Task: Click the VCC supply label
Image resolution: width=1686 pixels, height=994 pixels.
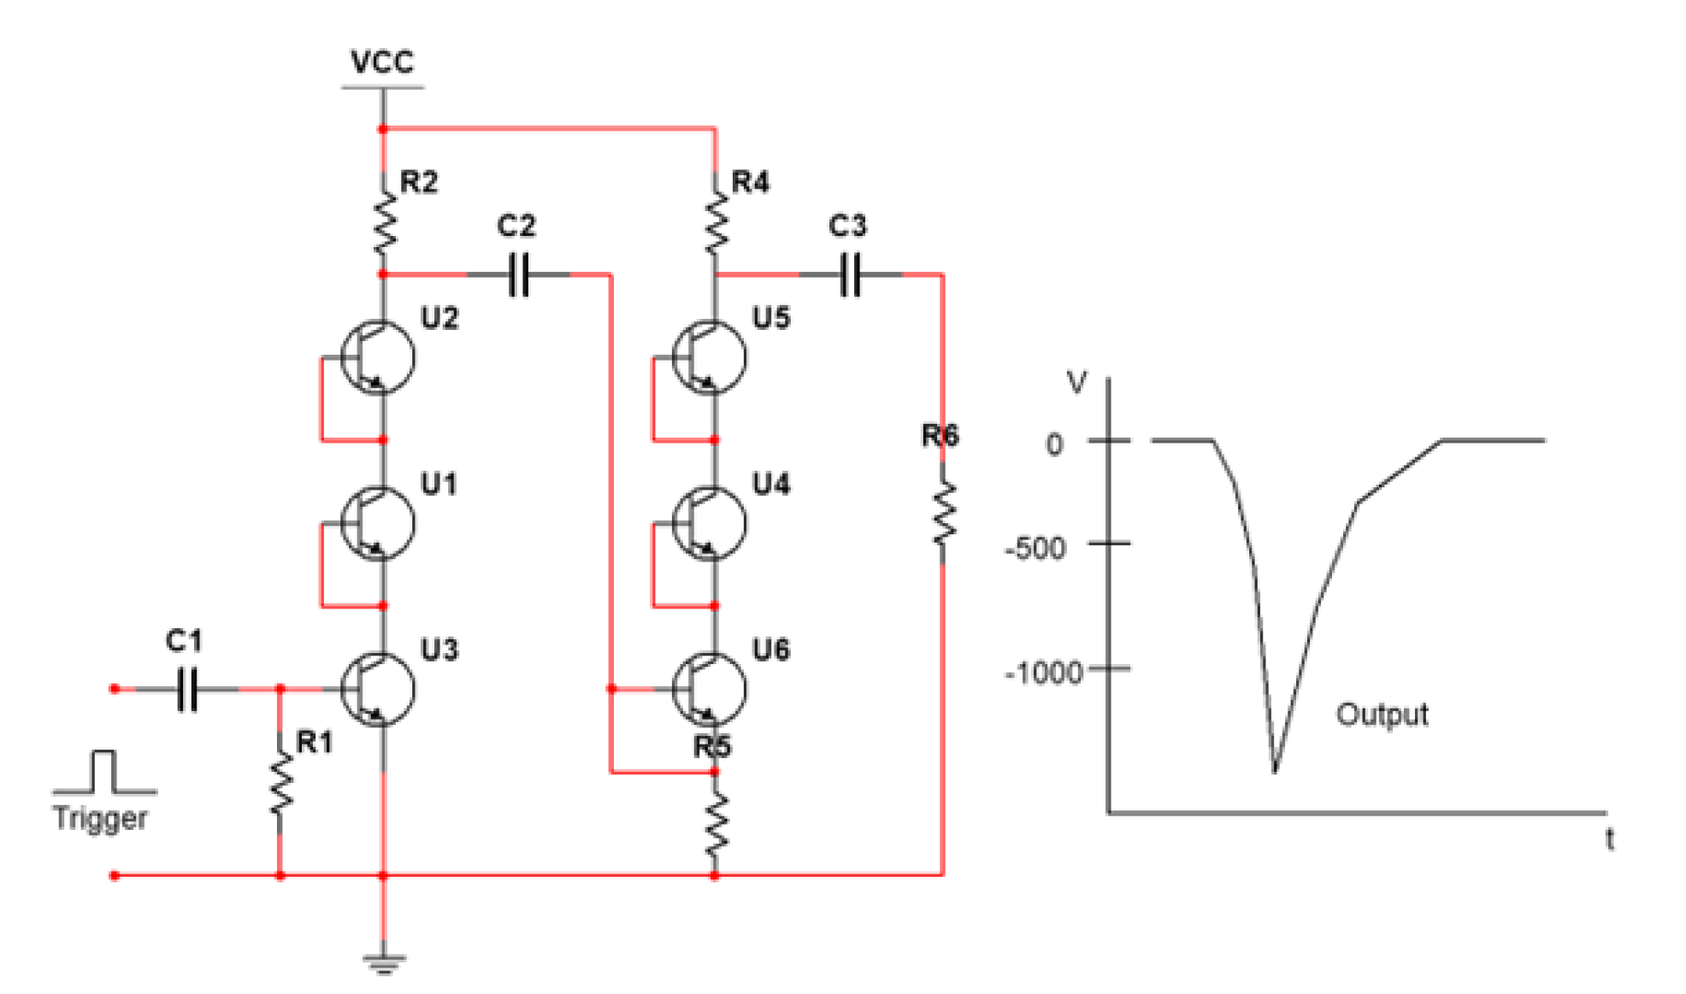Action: (x=382, y=62)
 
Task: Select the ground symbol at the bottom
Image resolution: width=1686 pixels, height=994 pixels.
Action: (x=383, y=963)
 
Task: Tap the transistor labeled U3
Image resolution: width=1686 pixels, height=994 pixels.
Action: (x=377, y=689)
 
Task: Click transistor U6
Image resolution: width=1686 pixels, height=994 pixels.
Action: (x=709, y=689)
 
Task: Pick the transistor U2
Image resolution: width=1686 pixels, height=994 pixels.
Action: (x=377, y=357)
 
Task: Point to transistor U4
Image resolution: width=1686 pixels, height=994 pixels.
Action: (x=709, y=523)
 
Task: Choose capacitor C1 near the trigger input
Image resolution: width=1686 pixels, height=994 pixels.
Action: (x=187, y=689)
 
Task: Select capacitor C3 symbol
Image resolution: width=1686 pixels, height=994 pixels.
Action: (x=851, y=274)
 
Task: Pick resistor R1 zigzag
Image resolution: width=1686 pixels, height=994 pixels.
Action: (x=280, y=784)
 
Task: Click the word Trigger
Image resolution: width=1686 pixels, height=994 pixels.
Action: (x=100, y=818)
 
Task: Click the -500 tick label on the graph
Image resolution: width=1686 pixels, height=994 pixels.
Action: (x=1035, y=548)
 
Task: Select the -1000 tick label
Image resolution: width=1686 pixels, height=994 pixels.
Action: (x=1043, y=673)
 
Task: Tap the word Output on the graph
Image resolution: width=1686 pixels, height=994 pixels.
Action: (x=1381, y=715)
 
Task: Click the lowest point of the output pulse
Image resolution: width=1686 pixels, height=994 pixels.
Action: (x=1274, y=770)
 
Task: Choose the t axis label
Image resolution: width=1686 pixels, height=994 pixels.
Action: (x=1609, y=839)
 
